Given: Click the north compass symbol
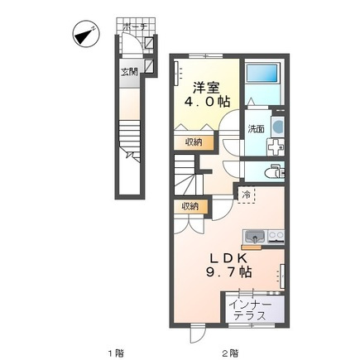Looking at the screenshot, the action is [85, 35].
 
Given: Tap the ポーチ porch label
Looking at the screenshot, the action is [136, 27].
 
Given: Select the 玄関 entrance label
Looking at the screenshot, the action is [129, 72].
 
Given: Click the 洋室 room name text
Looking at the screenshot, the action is [207, 88].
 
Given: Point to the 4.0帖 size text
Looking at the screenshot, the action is [207, 102].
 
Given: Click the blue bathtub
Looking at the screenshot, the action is [262, 73].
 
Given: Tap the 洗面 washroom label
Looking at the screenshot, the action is [256, 129].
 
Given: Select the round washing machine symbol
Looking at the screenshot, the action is [278, 127].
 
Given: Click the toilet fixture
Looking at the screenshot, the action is [274, 172].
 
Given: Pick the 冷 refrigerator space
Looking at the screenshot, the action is [246, 195].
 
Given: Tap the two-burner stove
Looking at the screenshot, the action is [276, 237].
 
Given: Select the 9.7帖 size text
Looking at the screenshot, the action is [228, 272].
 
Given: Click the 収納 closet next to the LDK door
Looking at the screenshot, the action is [190, 206].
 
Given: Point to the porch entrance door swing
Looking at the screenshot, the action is [133, 44].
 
